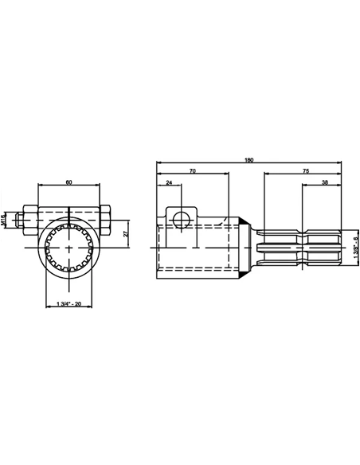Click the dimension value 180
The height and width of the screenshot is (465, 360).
click(x=248, y=160)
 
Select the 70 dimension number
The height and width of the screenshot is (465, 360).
click(x=193, y=171)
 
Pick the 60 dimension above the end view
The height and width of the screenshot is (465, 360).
click(x=68, y=182)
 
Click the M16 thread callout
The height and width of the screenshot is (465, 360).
click(x=5, y=217)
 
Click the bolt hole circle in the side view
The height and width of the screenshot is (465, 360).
click(x=182, y=217)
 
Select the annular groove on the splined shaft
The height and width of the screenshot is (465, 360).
click(x=303, y=248)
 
